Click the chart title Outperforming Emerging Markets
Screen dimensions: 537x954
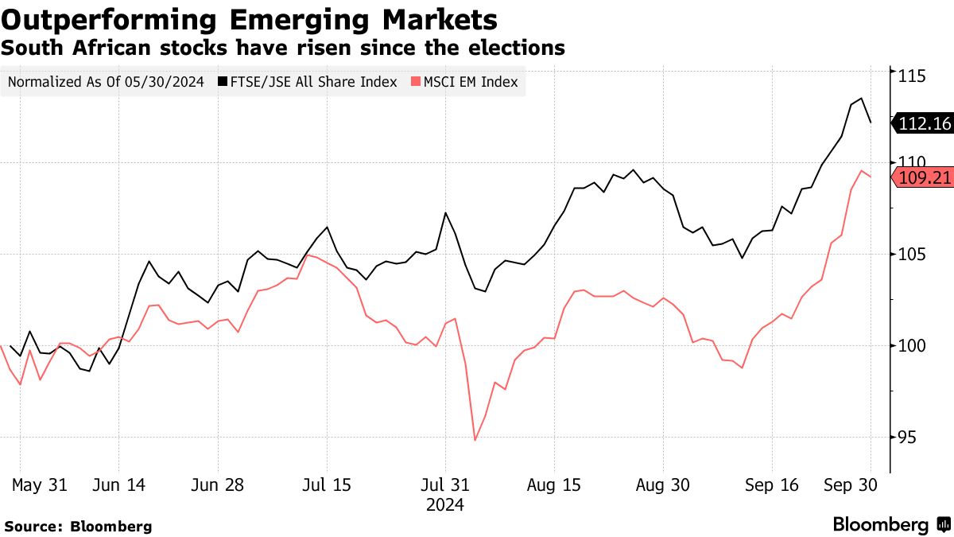click(x=250, y=19)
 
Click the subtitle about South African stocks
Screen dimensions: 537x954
click(x=283, y=49)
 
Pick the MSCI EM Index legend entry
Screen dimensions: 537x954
click(x=464, y=82)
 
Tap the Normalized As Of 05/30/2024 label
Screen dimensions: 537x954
click(x=106, y=82)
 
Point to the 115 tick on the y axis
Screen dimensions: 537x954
click(x=913, y=76)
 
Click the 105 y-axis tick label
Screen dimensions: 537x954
click(x=913, y=255)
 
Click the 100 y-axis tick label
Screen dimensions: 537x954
click(x=913, y=346)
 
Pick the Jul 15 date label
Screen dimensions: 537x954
click(x=327, y=484)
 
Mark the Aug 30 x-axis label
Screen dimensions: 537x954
click(x=662, y=484)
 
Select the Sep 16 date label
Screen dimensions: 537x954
click(x=771, y=484)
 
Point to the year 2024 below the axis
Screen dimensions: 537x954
click(x=445, y=504)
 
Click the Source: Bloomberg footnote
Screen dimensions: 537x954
click(x=78, y=526)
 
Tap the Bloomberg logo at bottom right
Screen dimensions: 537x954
click(x=890, y=525)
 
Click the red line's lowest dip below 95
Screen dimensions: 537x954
click(x=475, y=440)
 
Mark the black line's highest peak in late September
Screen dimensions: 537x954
click(x=861, y=99)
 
